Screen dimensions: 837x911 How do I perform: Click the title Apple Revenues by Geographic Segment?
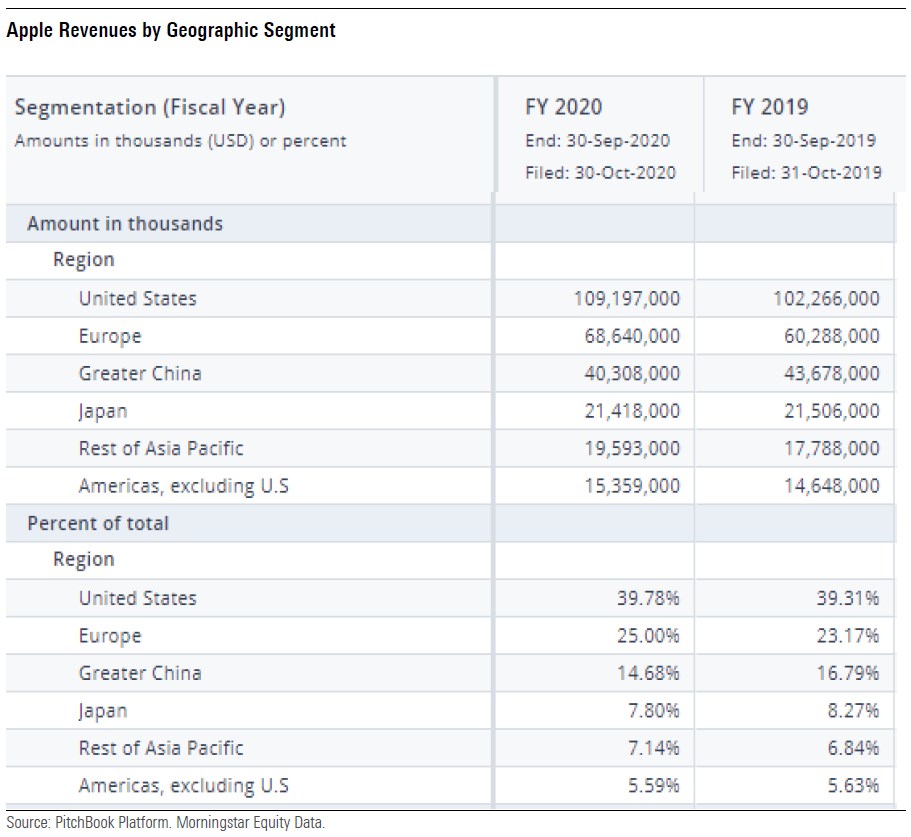coord(171,31)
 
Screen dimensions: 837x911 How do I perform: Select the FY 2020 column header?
coord(564,107)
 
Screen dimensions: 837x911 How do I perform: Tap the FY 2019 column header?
coord(770,107)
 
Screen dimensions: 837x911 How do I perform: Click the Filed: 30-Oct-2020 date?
coord(600,172)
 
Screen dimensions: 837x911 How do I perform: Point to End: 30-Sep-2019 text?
coord(804,140)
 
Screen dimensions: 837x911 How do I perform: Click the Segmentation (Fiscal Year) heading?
coord(156,107)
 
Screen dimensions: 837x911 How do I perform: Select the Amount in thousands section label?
coord(125,224)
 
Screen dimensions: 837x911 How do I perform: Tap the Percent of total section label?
coord(98,523)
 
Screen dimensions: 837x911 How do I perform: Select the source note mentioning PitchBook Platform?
coord(166,823)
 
